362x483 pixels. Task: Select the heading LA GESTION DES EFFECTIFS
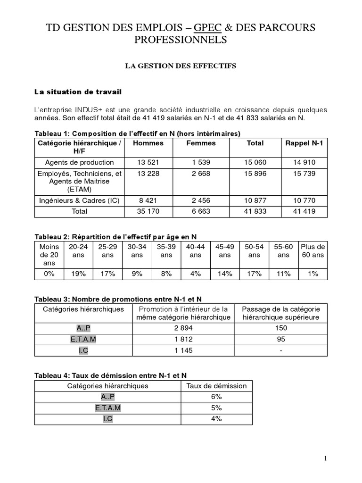click(x=181, y=67)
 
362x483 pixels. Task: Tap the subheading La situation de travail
click(x=79, y=92)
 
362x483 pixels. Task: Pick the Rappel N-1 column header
click(x=304, y=143)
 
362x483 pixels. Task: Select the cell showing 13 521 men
click(x=148, y=162)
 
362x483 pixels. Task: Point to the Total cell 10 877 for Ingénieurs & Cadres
click(x=255, y=200)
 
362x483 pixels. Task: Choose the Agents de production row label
click(x=80, y=162)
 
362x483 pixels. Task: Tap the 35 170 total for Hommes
click(x=148, y=211)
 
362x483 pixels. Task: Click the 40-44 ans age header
click(x=196, y=250)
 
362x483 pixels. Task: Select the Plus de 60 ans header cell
click(x=313, y=250)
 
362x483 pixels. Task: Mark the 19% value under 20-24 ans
click(x=78, y=274)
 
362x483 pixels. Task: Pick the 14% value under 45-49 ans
click(x=225, y=274)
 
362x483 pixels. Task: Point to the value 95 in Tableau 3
click(x=280, y=339)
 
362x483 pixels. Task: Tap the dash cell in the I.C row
click(x=280, y=350)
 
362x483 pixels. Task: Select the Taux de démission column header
click(x=216, y=386)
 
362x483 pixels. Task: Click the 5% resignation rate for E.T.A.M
click(x=216, y=408)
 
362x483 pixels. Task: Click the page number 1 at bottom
click(x=325, y=458)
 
